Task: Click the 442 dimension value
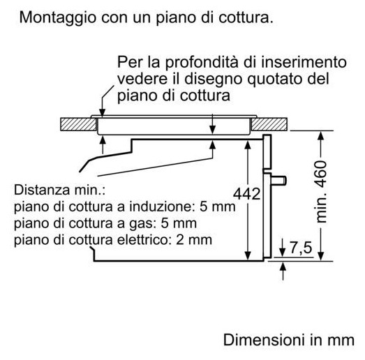coord(247,194)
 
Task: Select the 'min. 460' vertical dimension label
coord(321,192)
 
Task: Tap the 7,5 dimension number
coord(301,248)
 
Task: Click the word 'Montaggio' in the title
coord(58,18)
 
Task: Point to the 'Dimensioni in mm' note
coord(289,340)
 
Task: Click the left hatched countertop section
coord(78,124)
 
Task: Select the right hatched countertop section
coord(269,124)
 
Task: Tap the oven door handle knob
coord(278,181)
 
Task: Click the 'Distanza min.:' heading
coord(59,190)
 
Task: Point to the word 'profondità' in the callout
coord(202,62)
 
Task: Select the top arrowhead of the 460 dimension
coord(321,135)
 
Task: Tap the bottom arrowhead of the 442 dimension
coord(248,256)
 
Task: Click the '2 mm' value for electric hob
coord(194,240)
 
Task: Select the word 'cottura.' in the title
coord(246,18)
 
